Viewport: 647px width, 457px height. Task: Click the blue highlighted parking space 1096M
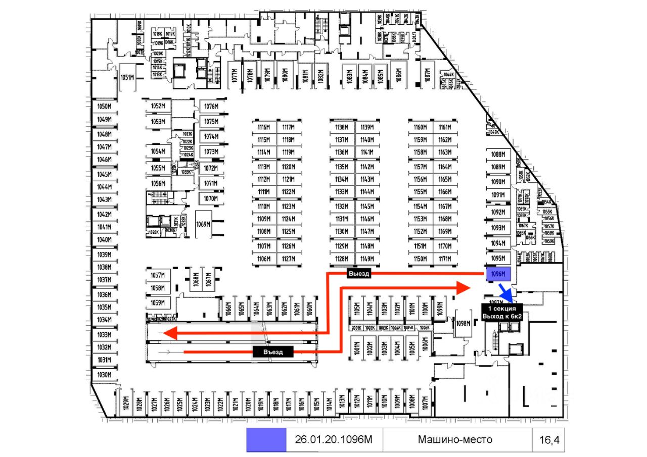point(498,274)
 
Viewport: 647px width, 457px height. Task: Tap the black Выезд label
point(358,274)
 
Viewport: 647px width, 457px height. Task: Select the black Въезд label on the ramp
point(273,352)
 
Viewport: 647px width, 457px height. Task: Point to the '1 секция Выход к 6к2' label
point(501,312)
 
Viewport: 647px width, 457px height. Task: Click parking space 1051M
point(127,77)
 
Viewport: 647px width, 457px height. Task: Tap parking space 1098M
point(462,323)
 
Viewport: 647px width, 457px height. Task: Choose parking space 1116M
point(263,127)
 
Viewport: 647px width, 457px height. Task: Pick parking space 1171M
point(445,259)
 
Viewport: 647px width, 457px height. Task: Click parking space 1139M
point(367,127)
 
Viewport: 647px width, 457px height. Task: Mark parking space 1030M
point(104,375)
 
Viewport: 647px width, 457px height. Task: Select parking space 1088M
point(498,155)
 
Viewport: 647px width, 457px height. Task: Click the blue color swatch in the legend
point(266,440)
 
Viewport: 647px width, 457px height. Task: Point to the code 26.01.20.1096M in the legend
point(334,440)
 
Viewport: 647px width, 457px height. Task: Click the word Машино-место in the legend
point(455,440)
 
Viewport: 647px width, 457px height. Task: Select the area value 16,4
point(548,440)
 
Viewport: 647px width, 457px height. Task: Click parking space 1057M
point(158,275)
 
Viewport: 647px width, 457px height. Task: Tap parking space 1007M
point(426,403)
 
